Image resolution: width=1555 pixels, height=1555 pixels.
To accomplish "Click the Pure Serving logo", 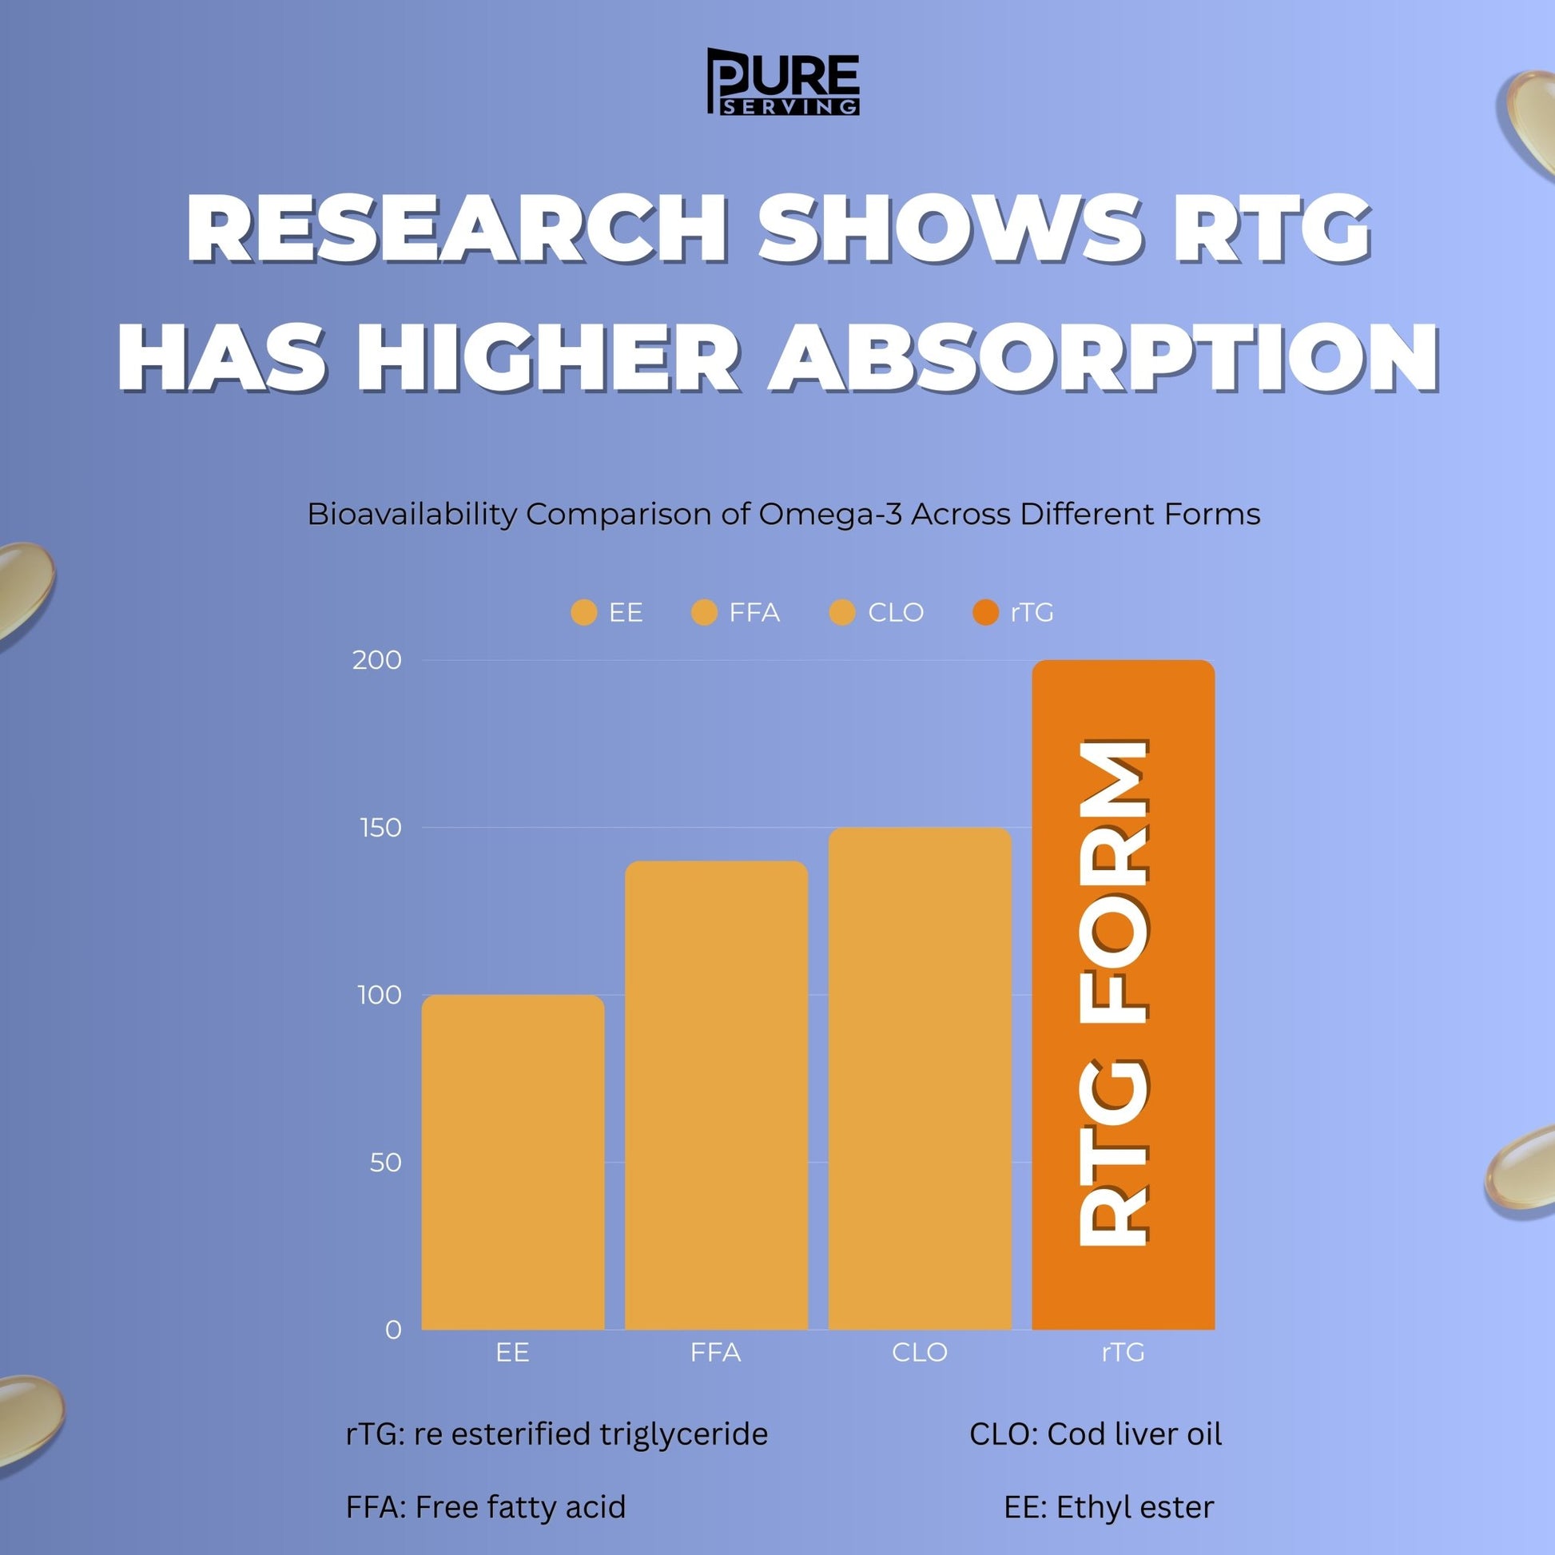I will click(x=782, y=82).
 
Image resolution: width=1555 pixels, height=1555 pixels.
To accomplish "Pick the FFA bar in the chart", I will click(x=716, y=1095).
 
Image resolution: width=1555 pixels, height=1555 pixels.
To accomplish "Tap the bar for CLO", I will click(x=919, y=1079).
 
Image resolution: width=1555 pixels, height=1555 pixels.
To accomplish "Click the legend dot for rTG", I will click(x=984, y=613).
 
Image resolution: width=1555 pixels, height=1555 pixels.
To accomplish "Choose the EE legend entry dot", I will click(x=583, y=613).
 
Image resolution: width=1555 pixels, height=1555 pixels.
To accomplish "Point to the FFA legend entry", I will click(x=737, y=613).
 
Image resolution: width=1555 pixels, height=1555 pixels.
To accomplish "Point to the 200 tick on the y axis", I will click(x=376, y=660).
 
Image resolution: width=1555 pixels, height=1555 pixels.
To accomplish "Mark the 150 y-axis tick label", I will click(x=380, y=827).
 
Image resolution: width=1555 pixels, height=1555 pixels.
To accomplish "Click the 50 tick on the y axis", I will click(x=385, y=1162).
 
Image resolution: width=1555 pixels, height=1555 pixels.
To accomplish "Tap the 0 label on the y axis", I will click(x=393, y=1330).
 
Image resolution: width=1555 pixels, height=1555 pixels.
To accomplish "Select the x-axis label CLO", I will click(x=919, y=1352).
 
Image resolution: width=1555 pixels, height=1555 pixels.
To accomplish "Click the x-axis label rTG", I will click(x=1123, y=1352).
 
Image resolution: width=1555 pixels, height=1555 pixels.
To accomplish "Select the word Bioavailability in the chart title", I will click(x=412, y=514).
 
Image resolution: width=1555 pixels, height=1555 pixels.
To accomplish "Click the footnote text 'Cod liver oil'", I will click(x=1134, y=1434).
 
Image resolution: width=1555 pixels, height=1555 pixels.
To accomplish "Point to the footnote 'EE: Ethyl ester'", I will click(x=1108, y=1507).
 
